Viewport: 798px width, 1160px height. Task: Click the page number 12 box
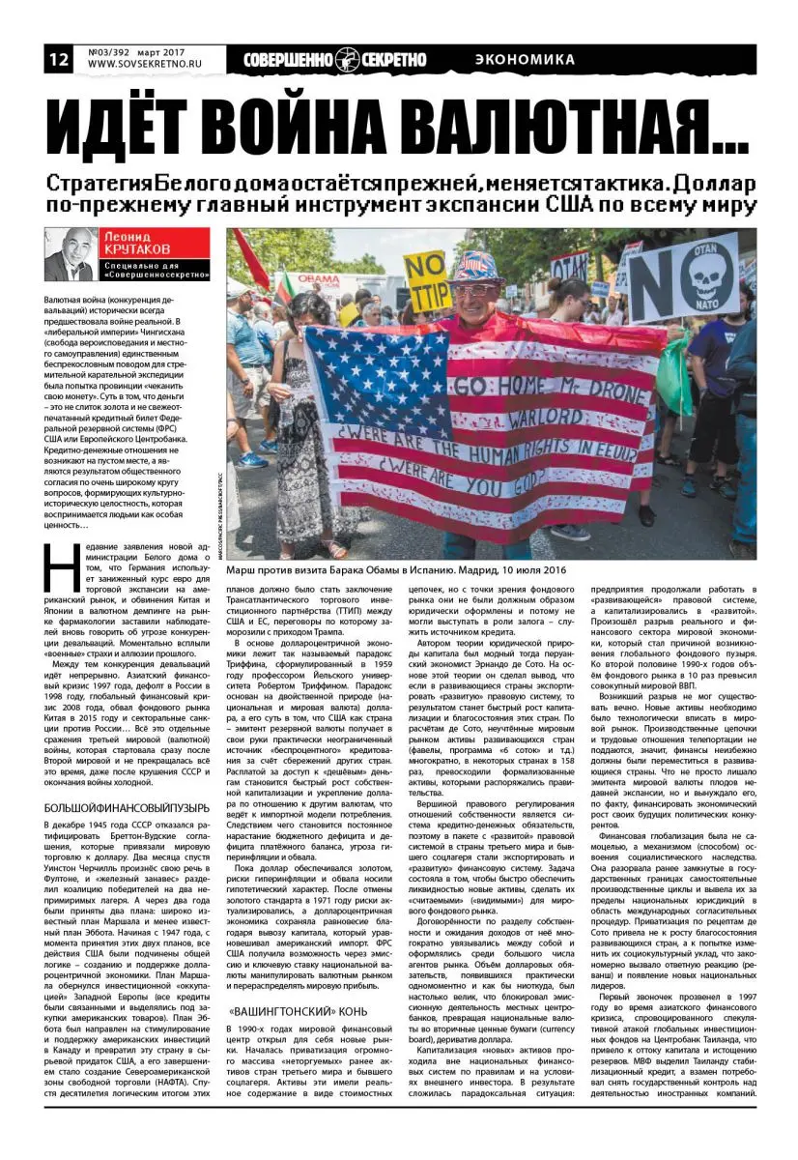(57, 59)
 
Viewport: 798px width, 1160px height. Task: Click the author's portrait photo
(70, 254)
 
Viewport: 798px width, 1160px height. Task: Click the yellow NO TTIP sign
(427, 280)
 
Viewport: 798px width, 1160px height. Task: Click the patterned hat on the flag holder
(476, 266)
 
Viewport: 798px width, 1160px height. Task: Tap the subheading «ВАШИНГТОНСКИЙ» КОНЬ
(284, 1004)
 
